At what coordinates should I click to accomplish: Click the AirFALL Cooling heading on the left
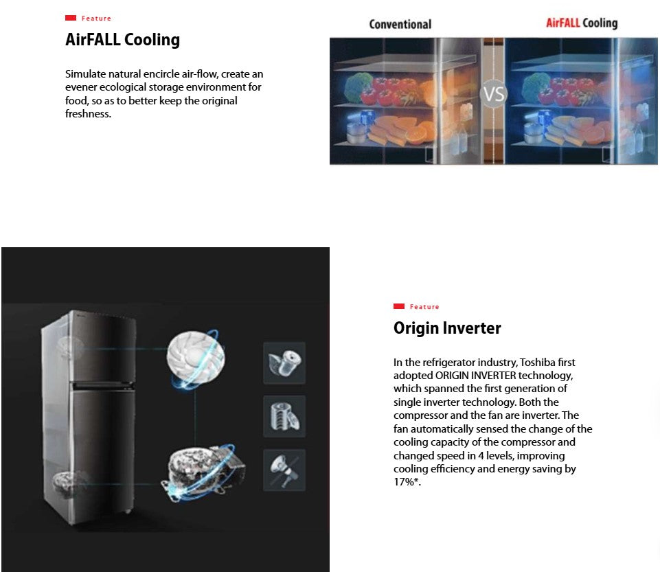point(122,40)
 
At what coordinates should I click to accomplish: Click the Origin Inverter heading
point(447,328)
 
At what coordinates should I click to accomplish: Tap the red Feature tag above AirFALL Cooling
point(89,19)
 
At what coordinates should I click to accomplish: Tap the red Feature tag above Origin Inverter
point(417,307)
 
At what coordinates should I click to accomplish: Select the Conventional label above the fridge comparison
point(400,24)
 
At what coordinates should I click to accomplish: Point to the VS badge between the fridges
point(494,94)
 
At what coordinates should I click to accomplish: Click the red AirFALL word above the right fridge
point(563,23)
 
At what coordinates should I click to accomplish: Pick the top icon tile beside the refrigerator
point(284,363)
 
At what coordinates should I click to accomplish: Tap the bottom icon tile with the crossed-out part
point(284,470)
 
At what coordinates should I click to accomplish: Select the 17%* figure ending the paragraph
point(406,482)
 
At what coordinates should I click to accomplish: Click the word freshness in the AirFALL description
point(88,114)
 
